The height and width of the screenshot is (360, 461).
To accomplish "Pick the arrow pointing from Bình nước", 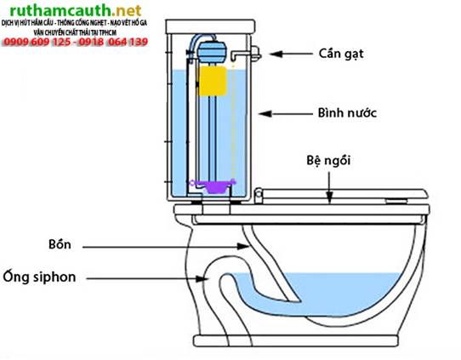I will (x=288, y=112).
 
